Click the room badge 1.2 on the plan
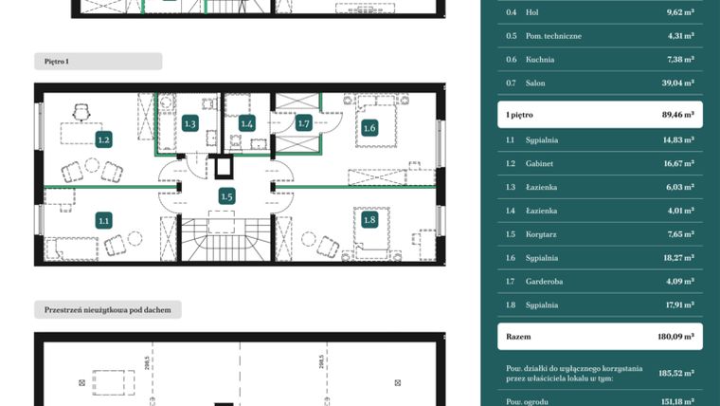104,139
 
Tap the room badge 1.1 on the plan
104,220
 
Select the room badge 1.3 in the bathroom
189,123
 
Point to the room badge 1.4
247,123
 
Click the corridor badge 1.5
226,196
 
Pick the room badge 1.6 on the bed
369,128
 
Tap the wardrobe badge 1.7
304,123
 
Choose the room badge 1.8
369,220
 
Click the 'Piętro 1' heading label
57,61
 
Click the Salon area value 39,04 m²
676,83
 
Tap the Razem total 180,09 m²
676,336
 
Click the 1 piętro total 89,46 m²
675,114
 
